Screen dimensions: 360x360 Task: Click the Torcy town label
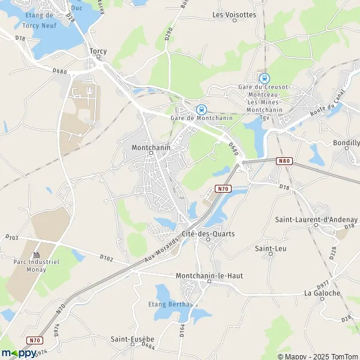(98, 51)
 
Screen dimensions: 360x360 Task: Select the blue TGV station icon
(264, 78)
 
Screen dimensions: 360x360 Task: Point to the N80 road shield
(284, 161)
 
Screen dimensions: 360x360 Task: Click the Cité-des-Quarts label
(208, 233)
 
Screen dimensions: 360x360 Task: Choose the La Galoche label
(322, 293)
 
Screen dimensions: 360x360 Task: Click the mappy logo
(19, 353)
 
